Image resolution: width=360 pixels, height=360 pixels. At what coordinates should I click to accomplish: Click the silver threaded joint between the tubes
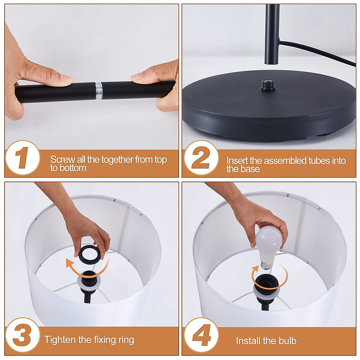(99, 91)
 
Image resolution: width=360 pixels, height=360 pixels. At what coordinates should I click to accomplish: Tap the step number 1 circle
(23, 158)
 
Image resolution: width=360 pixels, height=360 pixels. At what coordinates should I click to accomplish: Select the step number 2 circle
(201, 158)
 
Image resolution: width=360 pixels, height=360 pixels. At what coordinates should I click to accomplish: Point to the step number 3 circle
(23, 335)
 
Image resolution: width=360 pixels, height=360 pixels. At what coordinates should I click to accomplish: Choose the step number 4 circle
(201, 335)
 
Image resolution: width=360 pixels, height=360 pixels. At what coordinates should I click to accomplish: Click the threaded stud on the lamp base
(268, 85)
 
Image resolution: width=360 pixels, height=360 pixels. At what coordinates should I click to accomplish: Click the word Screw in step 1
(62, 160)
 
